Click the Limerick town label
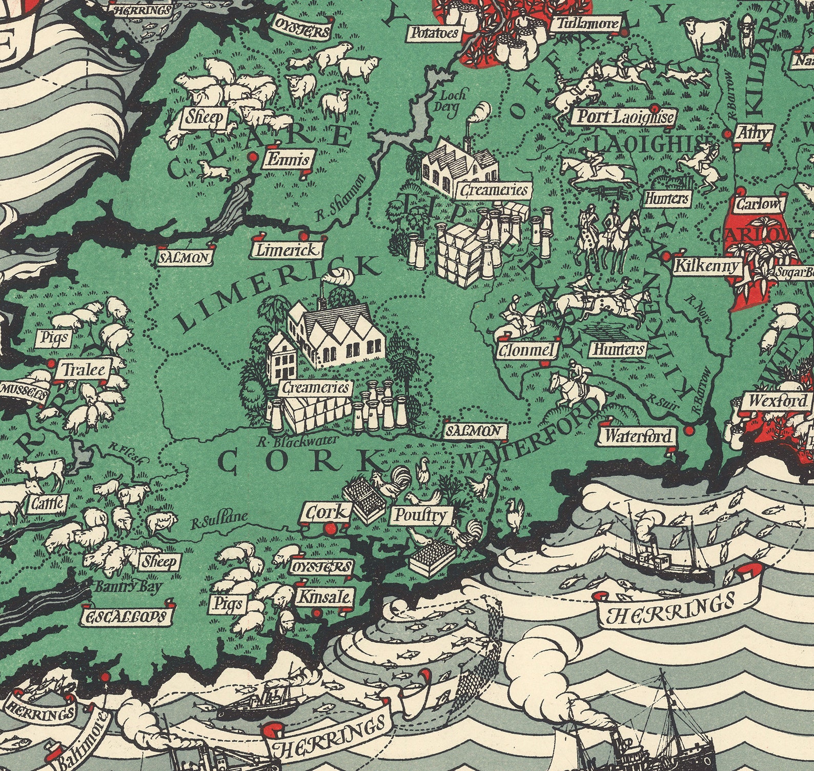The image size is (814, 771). coord(287,250)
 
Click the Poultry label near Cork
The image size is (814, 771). coord(420,515)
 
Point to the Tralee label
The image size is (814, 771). coord(85,369)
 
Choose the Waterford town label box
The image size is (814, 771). coord(638,437)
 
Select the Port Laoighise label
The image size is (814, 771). coord(624,117)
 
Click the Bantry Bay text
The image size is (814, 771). coord(127,587)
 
